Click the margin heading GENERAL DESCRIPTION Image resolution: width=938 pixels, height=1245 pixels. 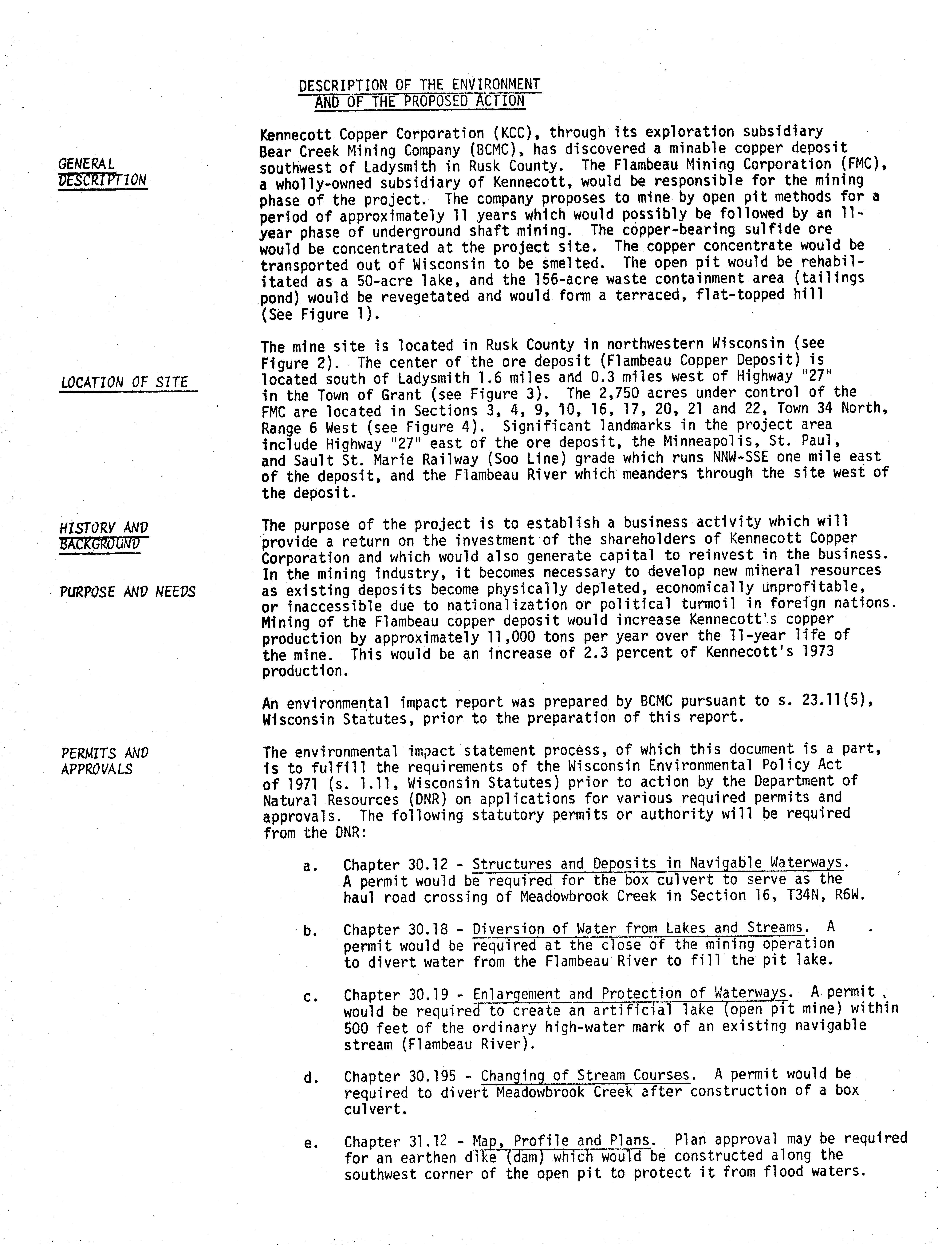102,172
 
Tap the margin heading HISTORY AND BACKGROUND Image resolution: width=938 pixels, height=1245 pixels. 104,536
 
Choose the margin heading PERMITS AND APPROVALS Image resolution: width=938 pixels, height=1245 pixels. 105,761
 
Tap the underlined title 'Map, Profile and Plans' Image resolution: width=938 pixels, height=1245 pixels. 563,1141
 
